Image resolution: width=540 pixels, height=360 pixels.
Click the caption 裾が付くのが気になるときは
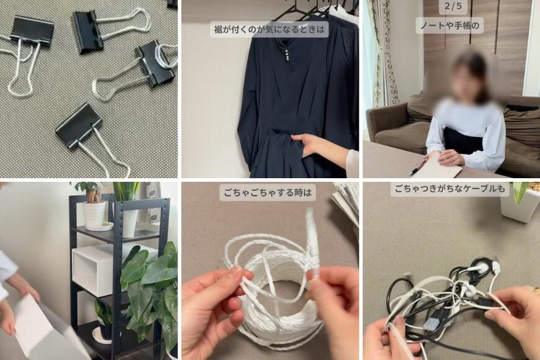(269, 29)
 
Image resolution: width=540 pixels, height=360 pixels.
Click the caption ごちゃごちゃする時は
(268, 192)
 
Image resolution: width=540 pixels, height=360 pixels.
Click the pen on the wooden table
(417, 167)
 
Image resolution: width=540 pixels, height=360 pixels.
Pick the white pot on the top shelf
(95, 213)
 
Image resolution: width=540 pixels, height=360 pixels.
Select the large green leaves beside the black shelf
(149, 279)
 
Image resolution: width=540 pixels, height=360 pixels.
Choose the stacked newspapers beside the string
(346, 202)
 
